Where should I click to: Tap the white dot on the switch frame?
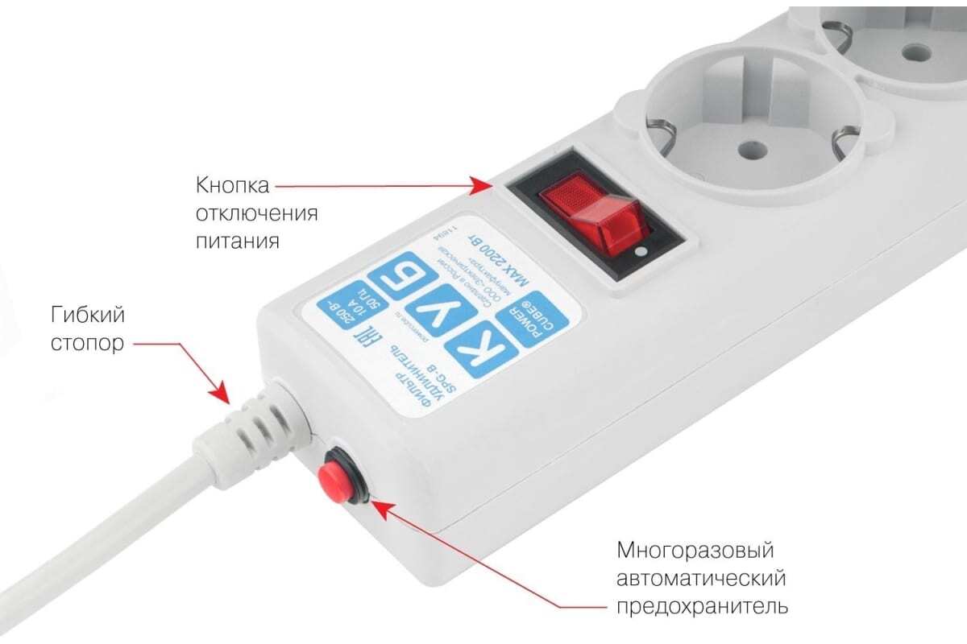640,251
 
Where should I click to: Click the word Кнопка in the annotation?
233,186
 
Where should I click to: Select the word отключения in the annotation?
256,213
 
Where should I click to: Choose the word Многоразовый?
695,551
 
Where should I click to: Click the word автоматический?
700,579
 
